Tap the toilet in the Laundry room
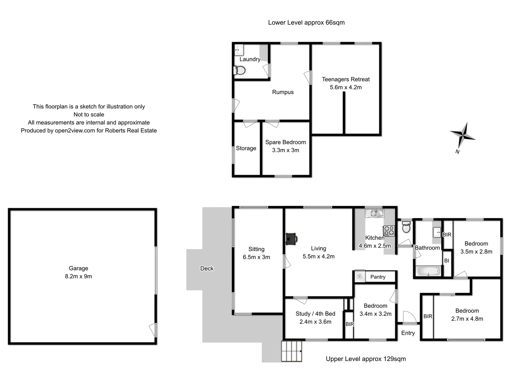click(240, 71)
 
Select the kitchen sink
click(375, 213)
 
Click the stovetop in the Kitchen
click(389, 231)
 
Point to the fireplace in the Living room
click(291, 239)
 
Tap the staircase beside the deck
click(292, 351)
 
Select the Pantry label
click(378, 277)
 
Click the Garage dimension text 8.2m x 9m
click(78, 276)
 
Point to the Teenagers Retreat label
click(346, 79)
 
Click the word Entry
click(408, 333)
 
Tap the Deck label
click(207, 268)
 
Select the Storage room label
click(246, 148)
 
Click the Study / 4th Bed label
click(315, 314)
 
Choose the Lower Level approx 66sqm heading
click(306, 23)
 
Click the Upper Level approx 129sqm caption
click(366, 359)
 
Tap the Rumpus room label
click(283, 92)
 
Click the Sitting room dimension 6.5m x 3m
click(256, 257)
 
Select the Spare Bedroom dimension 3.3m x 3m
click(285, 150)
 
